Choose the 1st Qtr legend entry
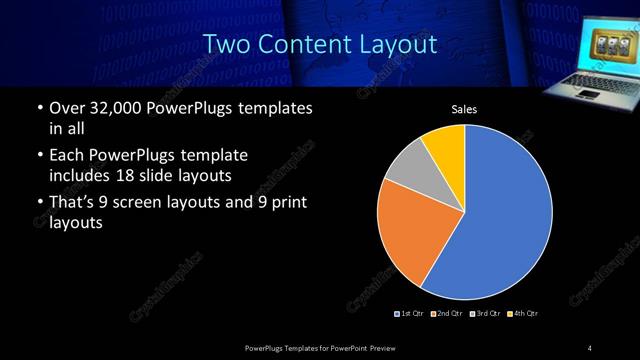pyautogui.click(x=410, y=314)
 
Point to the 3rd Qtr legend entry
pyautogui.click(x=486, y=314)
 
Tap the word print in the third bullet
pyautogui.click(x=288, y=204)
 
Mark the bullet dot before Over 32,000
pyautogui.click(x=38, y=108)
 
